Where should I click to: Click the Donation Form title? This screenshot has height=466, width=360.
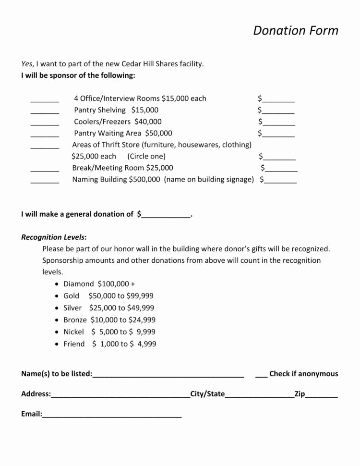pos(296,31)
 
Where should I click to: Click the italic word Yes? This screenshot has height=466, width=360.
pos(27,63)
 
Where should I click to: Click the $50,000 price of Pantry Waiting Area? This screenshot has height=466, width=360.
pos(158,134)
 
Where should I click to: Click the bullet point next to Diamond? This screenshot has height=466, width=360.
pos(58,284)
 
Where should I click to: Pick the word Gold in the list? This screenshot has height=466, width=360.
pos(71,296)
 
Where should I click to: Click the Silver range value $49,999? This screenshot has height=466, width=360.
pos(140,308)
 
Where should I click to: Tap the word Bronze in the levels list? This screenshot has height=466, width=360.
pos(75,320)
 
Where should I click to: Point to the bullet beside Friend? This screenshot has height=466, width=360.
pos(58,344)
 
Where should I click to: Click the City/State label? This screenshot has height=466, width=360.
pos(207,394)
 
